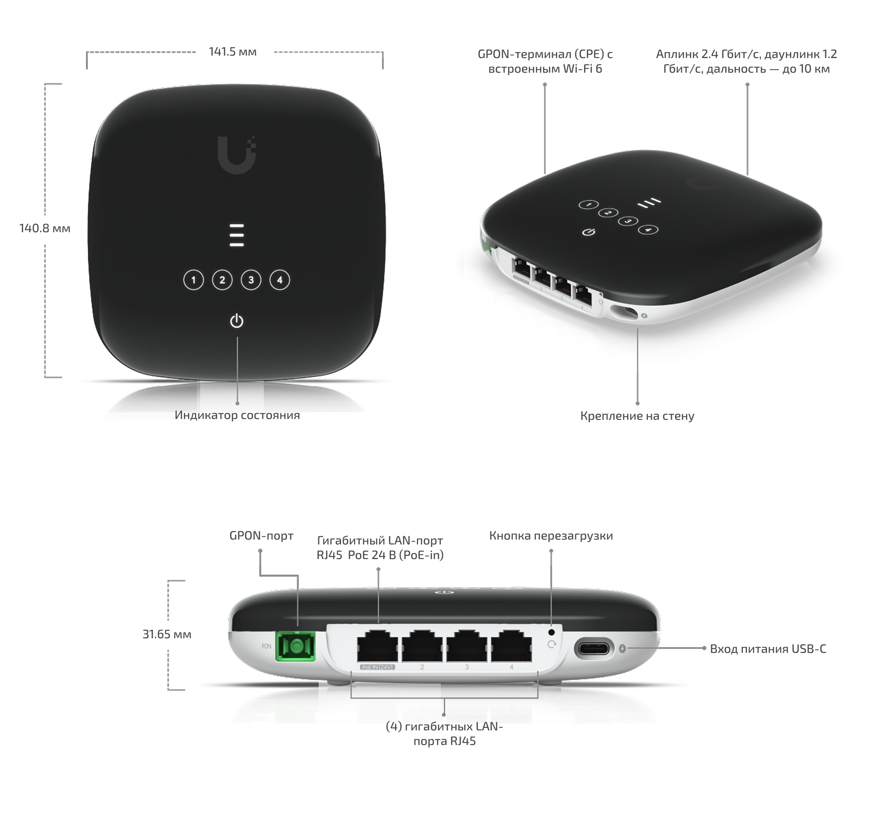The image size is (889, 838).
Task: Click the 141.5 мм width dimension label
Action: point(233,52)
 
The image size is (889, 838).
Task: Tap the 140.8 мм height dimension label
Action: point(45,228)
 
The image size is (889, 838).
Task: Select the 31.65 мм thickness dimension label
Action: point(167,634)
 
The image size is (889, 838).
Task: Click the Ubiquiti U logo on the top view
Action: point(237,155)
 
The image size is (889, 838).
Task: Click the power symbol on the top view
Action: point(237,321)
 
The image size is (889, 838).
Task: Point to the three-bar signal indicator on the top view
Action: point(237,235)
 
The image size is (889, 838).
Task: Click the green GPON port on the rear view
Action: point(296,646)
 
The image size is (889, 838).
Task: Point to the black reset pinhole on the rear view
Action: point(551,632)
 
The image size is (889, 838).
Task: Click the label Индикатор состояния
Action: point(237,415)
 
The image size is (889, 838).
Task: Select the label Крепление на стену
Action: point(637,416)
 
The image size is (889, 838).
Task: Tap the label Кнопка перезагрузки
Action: point(551,536)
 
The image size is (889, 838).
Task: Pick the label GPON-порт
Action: point(261,536)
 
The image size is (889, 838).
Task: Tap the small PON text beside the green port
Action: point(267,646)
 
